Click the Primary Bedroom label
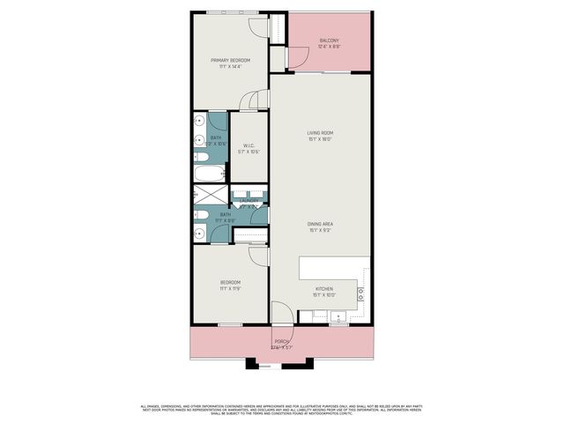point(230,60)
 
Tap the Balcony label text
point(329,41)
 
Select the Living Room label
point(320,133)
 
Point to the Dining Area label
point(320,224)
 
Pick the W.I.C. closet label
point(249,145)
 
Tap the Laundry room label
point(249,201)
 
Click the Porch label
point(281,342)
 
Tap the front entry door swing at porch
point(281,313)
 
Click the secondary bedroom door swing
point(258,255)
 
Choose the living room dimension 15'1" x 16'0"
point(320,139)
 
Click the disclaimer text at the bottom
point(281,408)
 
